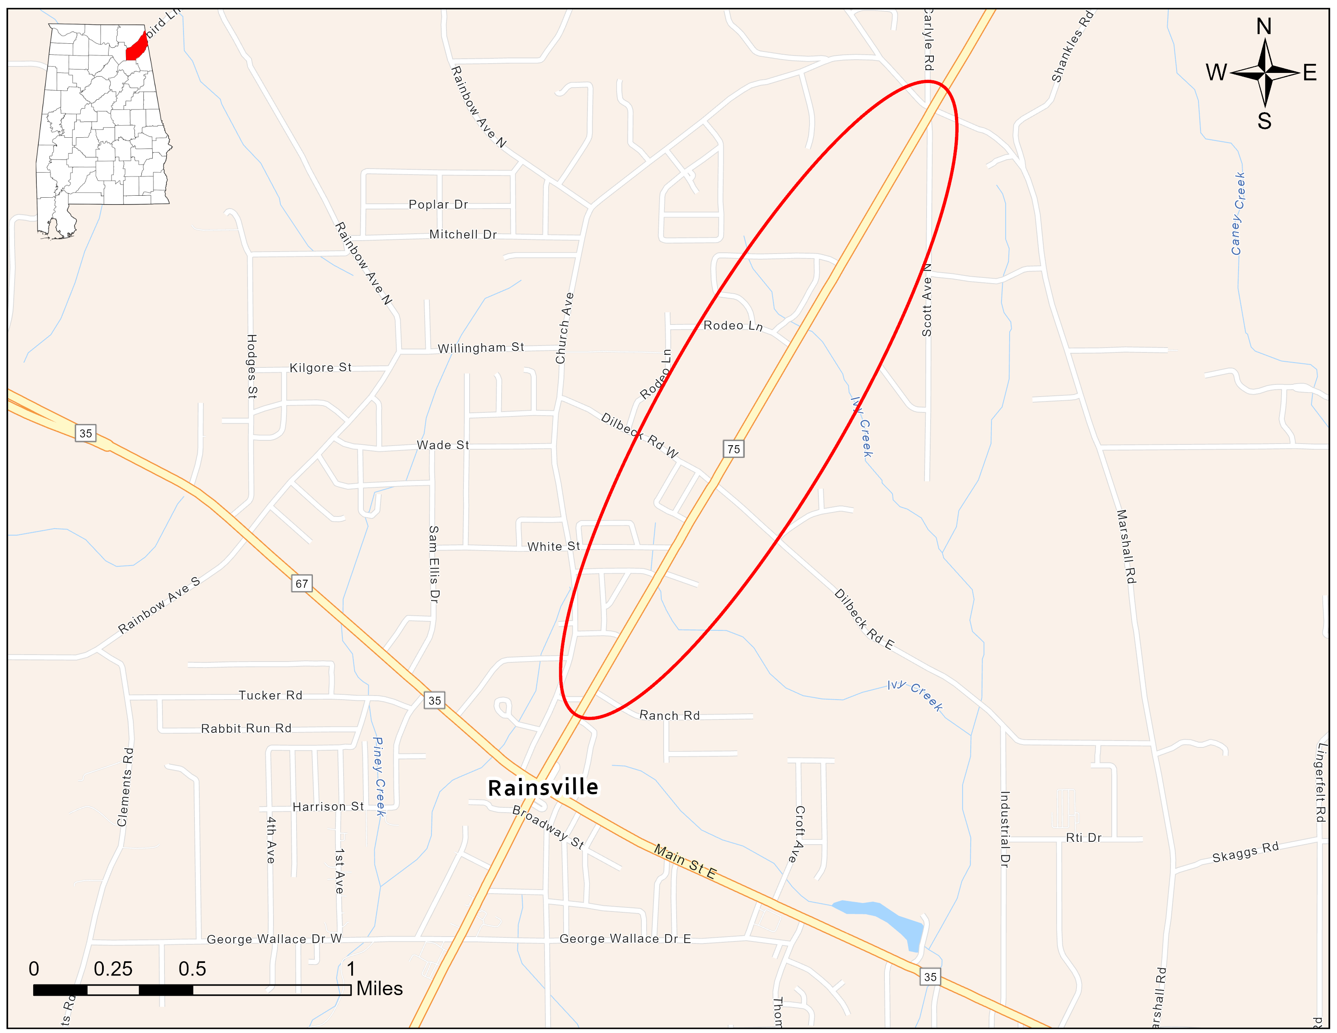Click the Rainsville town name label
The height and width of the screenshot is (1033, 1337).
coord(543,787)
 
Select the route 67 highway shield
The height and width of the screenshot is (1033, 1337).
coord(302,583)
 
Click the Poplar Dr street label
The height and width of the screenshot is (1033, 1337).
coord(438,205)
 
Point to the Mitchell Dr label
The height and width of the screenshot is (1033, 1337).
coord(463,235)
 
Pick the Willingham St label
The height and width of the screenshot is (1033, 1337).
coord(481,348)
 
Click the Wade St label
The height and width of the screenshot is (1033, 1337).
coord(442,445)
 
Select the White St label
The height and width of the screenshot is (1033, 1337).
coord(553,546)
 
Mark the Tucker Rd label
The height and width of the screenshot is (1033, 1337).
coord(271,695)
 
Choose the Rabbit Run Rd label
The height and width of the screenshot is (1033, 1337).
coord(246,728)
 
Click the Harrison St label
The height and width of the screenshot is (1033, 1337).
coord(328,807)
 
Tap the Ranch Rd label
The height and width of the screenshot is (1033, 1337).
coord(669,715)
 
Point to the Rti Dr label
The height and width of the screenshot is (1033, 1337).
coord(1083,838)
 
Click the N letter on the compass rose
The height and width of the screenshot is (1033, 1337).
coord(1264,27)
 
